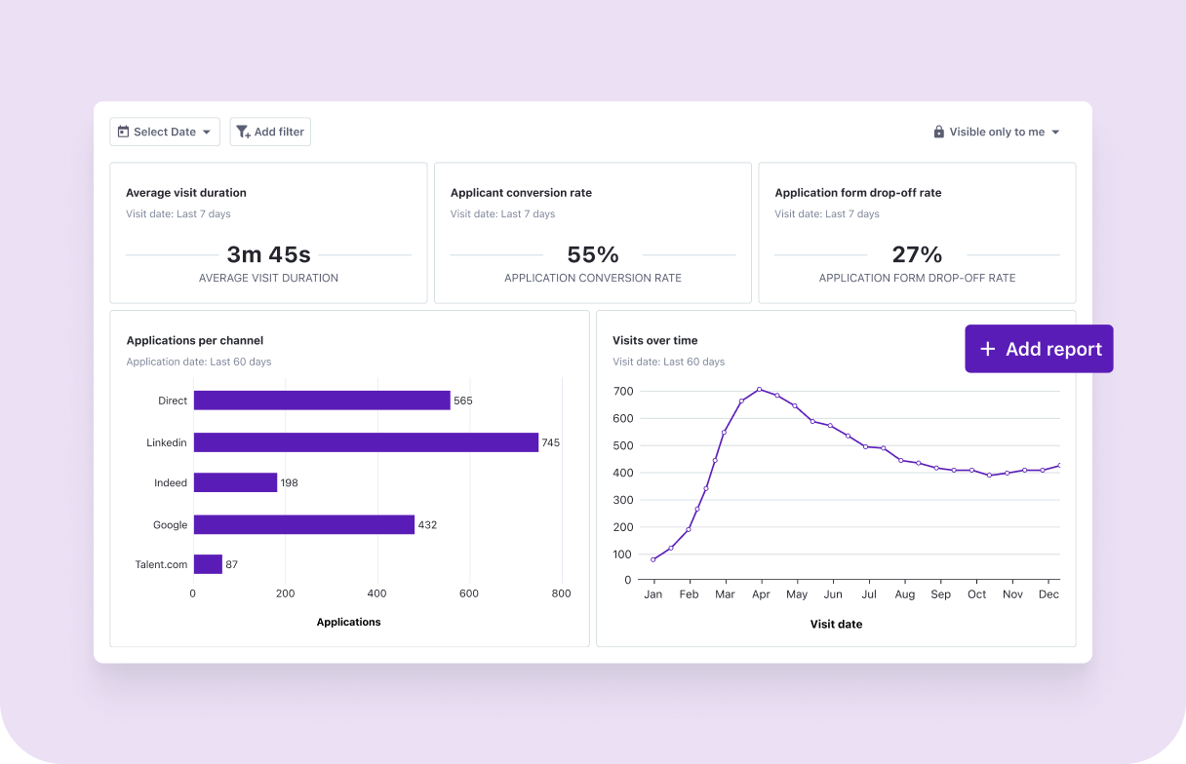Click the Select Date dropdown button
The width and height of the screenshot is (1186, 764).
(165, 133)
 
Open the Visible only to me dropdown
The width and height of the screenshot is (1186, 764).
(996, 133)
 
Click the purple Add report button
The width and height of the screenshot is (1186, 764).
(1039, 349)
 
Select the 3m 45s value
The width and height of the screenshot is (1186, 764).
(268, 255)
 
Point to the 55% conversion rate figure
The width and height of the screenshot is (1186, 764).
(593, 255)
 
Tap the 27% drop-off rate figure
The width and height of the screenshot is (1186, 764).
(917, 255)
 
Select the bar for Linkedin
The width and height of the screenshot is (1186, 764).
(366, 442)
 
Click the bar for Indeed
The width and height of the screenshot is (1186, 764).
(235, 482)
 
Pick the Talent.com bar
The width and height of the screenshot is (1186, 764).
(208, 564)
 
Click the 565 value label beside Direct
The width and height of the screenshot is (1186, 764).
(462, 401)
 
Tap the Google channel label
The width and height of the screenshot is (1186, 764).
(170, 525)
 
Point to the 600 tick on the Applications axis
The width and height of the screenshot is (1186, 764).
(469, 593)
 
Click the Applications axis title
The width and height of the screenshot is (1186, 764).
(348, 622)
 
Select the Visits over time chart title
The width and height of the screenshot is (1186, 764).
(654, 341)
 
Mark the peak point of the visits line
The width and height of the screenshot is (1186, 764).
(759, 390)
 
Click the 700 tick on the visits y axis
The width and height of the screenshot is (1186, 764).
(622, 392)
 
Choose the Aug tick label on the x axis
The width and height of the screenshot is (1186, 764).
(904, 594)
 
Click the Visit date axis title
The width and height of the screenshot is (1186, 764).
(836, 624)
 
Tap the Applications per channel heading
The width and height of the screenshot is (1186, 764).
(195, 341)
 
